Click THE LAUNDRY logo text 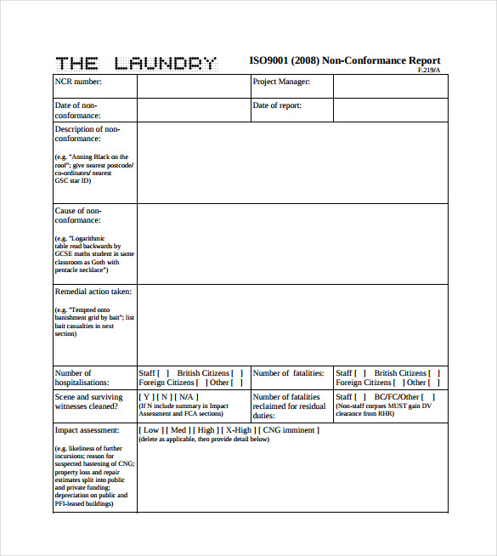[x=136, y=62]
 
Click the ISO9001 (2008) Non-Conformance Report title [x=344, y=60]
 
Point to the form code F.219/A [x=429, y=70]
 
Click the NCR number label [x=78, y=82]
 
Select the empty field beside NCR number [x=193, y=86]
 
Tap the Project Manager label [x=281, y=82]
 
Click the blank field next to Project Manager [x=390, y=86]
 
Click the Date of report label [x=277, y=106]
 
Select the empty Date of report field [x=390, y=110]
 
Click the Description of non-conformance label [x=88, y=133]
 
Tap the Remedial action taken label [x=93, y=292]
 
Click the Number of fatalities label [x=288, y=372]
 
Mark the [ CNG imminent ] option [x=291, y=430]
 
